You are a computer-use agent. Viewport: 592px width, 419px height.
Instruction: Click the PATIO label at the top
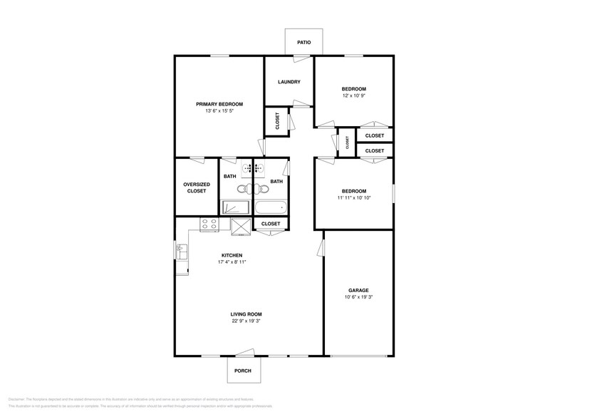(x=303, y=42)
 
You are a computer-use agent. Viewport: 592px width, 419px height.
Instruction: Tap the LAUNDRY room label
(x=289, y=82)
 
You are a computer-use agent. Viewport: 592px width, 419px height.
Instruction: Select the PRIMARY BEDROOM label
(x=219, y=104)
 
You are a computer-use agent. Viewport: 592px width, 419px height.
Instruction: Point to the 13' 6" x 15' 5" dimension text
(x=219, y=111)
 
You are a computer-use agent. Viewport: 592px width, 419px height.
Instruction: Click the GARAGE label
(x=358, y=290)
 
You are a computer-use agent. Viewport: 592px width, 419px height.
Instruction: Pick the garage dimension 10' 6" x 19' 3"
(x=358, y=297)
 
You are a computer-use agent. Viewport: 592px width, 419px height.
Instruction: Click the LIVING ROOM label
(x=246, y=314)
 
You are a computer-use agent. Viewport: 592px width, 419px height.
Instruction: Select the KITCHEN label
(x=232, y=255)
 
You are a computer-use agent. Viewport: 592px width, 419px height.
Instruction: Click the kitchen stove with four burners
(x=209, y=224)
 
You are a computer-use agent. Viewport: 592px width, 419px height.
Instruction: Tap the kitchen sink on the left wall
(x=180, y=252)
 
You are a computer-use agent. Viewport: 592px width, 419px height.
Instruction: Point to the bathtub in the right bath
(x=270, y=208)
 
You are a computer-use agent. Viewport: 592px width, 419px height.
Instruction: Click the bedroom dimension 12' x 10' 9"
(x=353, y=95)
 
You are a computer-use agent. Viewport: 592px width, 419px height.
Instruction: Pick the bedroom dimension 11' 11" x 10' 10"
(x=353, y=197)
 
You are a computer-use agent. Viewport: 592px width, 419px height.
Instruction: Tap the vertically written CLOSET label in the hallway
(x=347, y=143)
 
